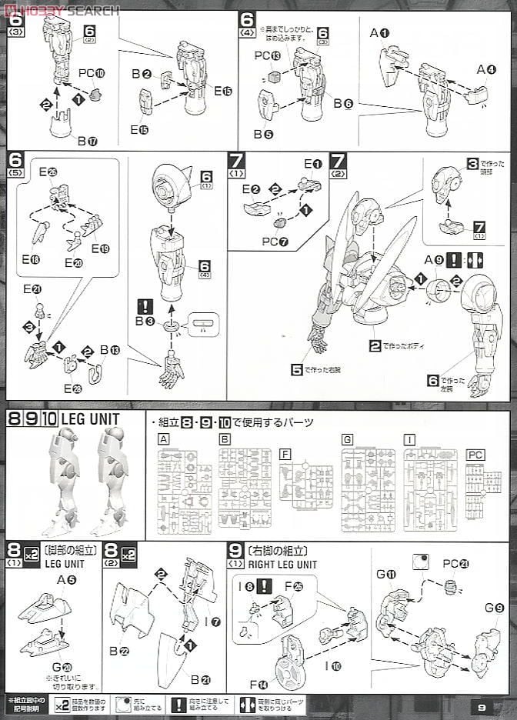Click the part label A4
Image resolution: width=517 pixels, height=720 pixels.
click(x=485, y=69)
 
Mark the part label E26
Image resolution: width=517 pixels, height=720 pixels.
click(x=48, y=172)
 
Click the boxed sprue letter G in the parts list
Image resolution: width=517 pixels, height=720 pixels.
click(x=347, y=440)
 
